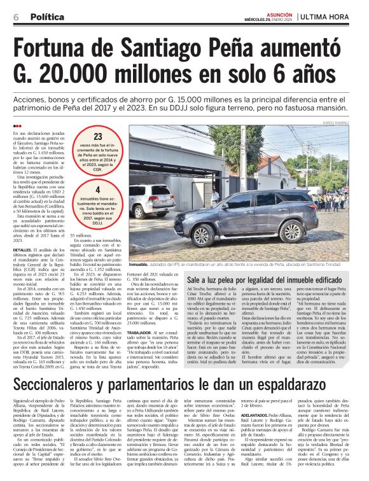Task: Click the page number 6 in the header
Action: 16,17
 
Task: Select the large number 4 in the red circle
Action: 98,190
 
